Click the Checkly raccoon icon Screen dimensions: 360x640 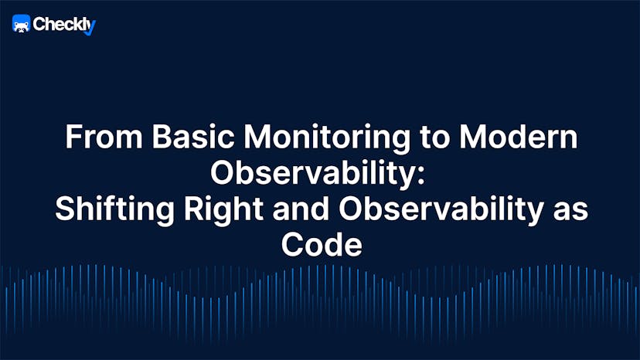[21, 25]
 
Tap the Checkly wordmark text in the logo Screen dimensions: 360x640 [58, 25]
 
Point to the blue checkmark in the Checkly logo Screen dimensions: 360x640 [90, 28]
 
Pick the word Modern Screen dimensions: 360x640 [525, 138]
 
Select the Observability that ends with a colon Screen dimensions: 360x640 [315, 174]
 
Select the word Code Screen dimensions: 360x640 [320, 245]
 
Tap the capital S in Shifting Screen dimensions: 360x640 [63, 209]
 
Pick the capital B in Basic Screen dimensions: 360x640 [158, 138]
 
